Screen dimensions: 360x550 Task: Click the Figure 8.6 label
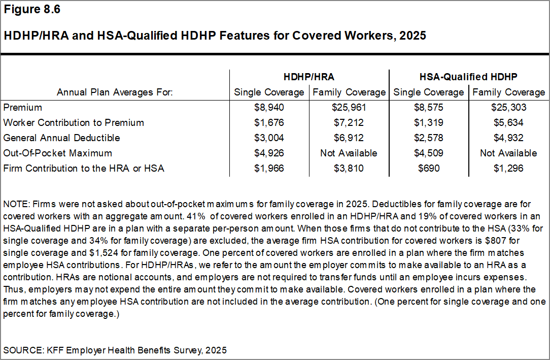tap(31, 10)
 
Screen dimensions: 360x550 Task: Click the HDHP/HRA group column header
tap(309, 77)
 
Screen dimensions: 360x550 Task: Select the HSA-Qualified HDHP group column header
tap(468, 77)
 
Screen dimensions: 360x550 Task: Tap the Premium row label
tap(22, 108)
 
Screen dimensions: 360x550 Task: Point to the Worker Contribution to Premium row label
tap(74, 123)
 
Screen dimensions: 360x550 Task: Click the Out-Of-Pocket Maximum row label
tap(57, 153)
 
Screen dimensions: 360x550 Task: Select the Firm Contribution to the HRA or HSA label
tap(84, 169)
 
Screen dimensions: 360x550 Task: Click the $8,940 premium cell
tap(269, 108)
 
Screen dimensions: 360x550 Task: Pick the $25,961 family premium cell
tap(349, 108)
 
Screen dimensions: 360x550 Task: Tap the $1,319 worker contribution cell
tap(428, 123)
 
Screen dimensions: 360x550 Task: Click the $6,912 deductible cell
tap(349, 138)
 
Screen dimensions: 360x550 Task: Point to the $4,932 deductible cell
tap(508, 138)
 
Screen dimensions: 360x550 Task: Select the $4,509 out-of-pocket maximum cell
tap(428, 153)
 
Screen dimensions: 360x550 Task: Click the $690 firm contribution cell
tap(428, 169)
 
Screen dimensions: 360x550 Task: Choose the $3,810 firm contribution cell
tap(349, 169)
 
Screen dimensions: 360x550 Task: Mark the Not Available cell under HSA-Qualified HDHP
tap(508, 153)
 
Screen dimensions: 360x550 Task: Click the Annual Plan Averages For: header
tap(115, 92)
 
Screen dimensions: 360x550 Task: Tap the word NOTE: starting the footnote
tap(16, 204)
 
